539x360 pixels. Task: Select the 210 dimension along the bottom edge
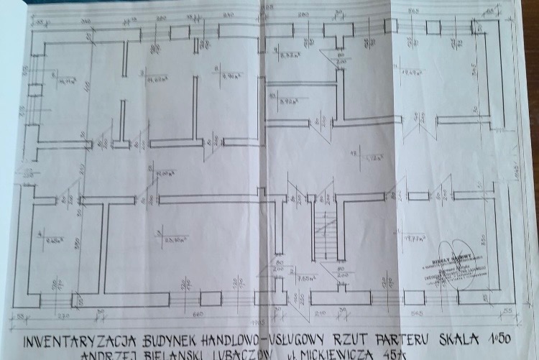pos(321,313)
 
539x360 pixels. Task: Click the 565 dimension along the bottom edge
pos(415,313)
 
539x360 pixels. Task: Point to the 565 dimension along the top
pos(414,11)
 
